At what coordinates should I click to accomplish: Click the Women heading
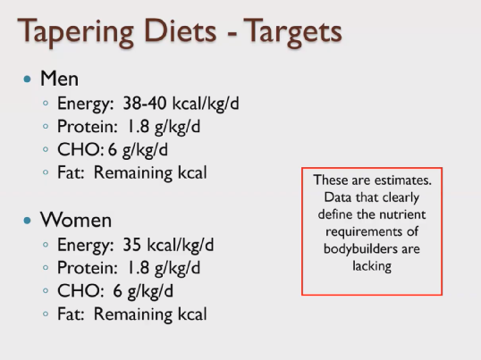pos(77,220)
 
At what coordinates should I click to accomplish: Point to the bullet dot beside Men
pos(29,80)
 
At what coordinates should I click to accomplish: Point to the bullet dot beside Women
pos(29,221)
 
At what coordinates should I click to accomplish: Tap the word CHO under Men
pos(72,150)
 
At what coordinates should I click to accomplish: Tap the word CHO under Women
pos(72,290)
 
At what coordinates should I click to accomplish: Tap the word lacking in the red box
pos(373,266)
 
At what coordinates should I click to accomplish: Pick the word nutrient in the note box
pos(402,215)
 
